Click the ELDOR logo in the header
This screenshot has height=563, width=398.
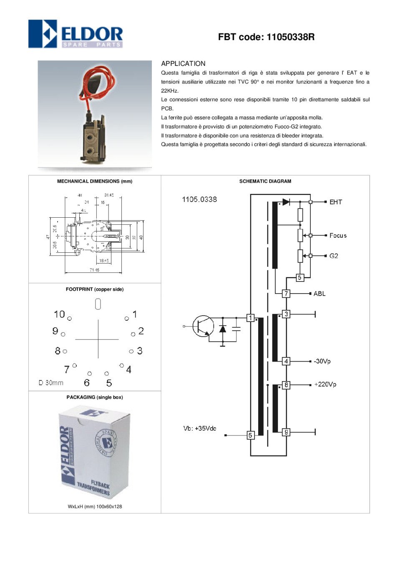pos(76,34)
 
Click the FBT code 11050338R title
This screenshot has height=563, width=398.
pos(266,37)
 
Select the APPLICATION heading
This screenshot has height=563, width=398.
pos(183,64)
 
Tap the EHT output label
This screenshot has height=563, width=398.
pos(335,202)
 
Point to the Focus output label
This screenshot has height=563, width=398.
pos(338,236)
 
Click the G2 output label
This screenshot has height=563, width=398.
pos(334,256)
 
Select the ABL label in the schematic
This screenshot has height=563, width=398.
pos(319,294)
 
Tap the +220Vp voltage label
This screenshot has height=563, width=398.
pos(325,385)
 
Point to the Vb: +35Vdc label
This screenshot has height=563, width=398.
pos(200,429)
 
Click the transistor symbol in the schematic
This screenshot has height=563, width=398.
pos(203,326)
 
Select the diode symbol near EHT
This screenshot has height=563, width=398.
pos(286,202)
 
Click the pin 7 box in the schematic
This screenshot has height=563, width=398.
pos(286,294)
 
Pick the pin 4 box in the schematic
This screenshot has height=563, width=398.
pos(286,361)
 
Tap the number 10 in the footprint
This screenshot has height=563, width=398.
pos(59,314)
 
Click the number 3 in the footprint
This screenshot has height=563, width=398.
pos(140,351)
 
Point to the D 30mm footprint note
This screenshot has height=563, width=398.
pos(51,383)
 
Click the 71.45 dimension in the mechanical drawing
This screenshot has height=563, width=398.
pos(94,270)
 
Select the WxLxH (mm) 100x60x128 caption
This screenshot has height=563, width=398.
pos(95,507)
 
